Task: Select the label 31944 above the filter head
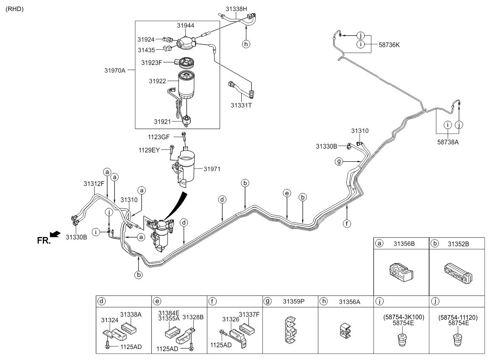[186, 26]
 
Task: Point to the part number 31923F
[152, 63]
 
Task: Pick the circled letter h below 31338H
[246, 43]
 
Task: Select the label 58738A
[448, 143]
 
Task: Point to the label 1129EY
[149, 150]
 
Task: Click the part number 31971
[212, 169]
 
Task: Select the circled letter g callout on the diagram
[338, 161]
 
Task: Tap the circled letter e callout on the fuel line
[287, 194]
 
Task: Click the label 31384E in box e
[169, 312]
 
